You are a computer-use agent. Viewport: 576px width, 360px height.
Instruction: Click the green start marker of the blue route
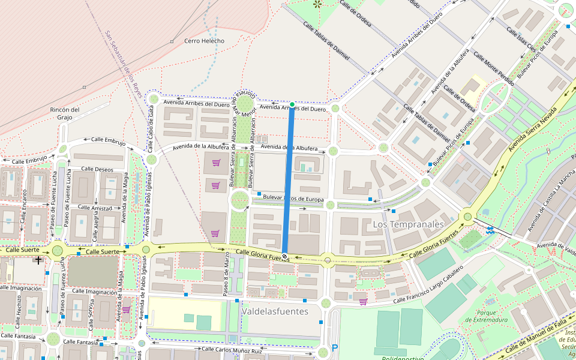click(x=292, y=105)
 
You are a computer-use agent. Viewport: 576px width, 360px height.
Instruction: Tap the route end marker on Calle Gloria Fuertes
click(x=284, y=257)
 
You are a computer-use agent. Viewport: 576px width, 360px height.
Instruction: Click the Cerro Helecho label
click(x=204, y=41)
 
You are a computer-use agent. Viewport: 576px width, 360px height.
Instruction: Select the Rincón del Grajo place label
click(x=65, y=113)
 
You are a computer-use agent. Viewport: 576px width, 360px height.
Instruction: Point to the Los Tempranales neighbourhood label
click(x=408, y=224)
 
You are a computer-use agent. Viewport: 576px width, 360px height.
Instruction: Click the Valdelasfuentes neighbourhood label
click(x=275, y=311)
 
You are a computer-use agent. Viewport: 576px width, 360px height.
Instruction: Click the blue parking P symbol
click(x=335, y=348)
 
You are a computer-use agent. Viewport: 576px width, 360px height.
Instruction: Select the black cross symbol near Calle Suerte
click(x=39, y=260)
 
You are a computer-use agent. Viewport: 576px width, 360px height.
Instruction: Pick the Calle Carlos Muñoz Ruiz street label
click(x=232, y=350)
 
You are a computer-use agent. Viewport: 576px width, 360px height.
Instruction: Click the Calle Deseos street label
click(x=97, y=169)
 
